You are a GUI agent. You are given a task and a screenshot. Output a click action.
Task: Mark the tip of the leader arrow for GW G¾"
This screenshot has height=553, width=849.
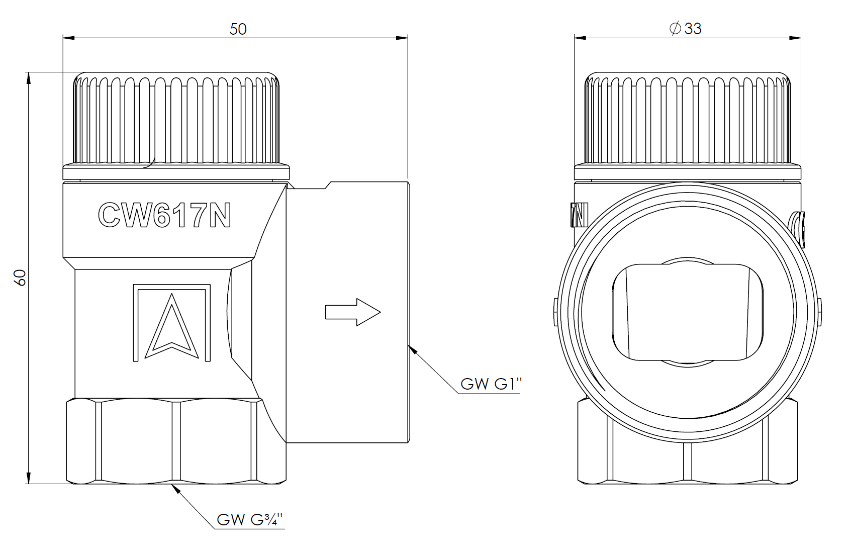172,484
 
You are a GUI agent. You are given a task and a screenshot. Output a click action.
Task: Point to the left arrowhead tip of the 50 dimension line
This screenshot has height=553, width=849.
63,38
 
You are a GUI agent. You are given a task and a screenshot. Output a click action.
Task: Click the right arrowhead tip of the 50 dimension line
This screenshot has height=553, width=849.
408,38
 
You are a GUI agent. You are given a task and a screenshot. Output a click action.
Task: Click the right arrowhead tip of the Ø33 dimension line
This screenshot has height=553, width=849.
801,38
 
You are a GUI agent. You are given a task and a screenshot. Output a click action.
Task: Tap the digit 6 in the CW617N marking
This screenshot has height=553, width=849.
164,215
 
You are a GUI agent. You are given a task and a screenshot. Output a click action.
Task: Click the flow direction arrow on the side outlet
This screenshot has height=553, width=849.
353,312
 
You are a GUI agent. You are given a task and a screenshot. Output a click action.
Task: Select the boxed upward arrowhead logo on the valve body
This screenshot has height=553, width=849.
172,323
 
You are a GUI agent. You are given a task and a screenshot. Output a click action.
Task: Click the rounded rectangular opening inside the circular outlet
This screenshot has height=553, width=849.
688,312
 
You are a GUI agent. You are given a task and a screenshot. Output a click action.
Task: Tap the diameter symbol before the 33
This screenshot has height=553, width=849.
676,29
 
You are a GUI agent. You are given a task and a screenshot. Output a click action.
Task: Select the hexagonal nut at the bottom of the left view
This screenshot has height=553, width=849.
176,441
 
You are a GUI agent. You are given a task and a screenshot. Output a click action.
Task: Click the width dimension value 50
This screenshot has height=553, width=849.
238,29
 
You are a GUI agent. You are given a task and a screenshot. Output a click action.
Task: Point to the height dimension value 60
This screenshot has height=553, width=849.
20,278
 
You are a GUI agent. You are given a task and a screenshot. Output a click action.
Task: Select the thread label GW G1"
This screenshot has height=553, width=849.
491,384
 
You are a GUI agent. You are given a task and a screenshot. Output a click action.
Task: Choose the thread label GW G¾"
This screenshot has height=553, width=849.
250,519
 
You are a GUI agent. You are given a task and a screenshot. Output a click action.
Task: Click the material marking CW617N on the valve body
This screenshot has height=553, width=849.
164,215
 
